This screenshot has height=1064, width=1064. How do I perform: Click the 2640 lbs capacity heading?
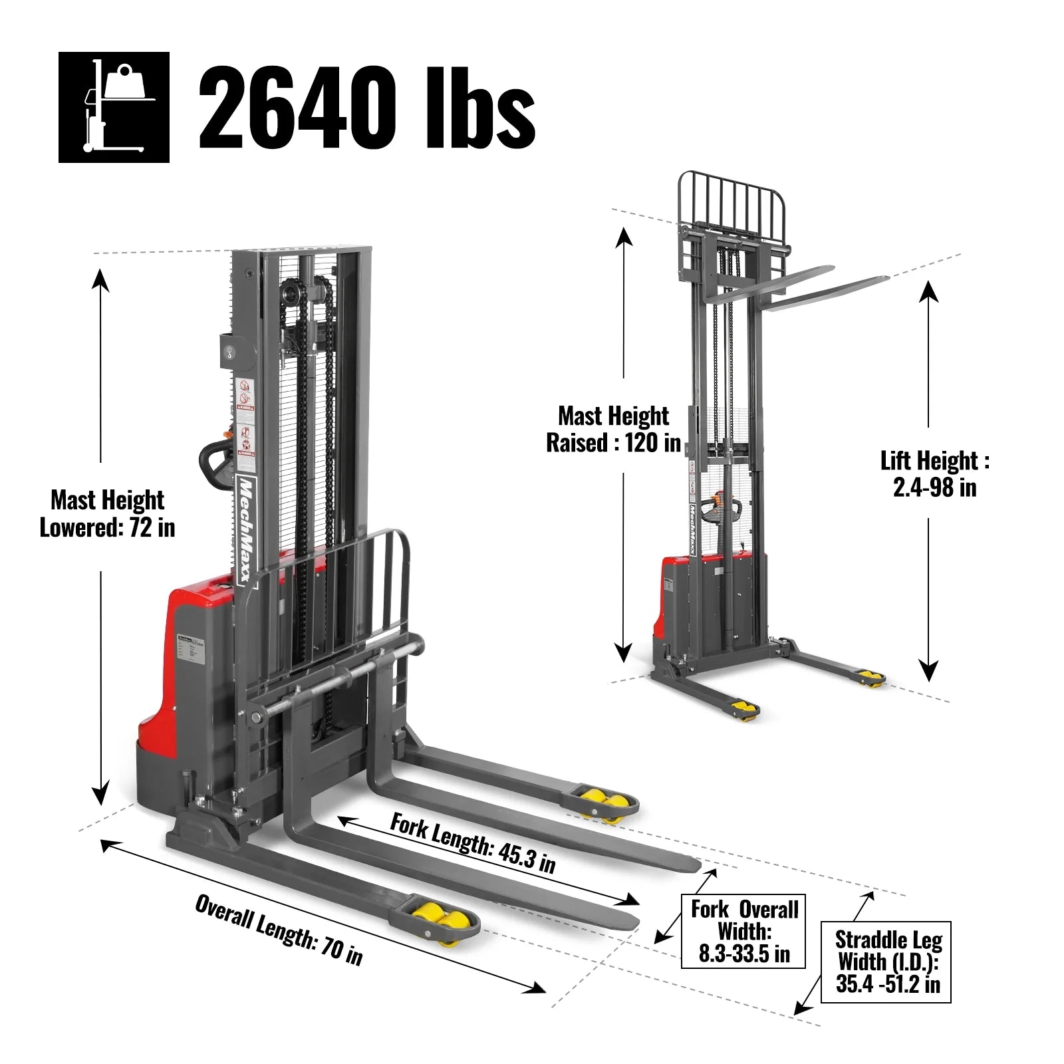tap(366, 108)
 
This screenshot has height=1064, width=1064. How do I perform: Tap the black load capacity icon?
tap(114, 107)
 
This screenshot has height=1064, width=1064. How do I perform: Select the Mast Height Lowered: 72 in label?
tap(108, 513)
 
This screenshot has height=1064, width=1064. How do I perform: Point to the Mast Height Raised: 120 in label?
tap(613, 429)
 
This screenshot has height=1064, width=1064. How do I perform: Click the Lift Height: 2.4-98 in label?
tap(934, 473)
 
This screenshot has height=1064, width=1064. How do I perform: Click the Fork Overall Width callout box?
tap(743, 931)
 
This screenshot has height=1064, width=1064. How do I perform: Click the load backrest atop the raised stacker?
tap(731, 199)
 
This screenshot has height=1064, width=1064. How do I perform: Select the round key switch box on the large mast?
tap(232, 349)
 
